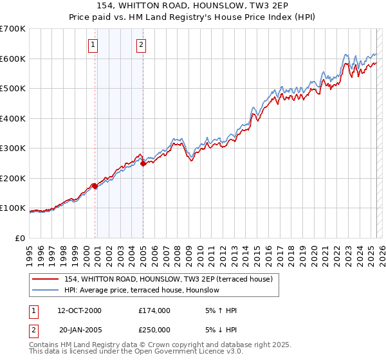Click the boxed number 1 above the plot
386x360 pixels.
[94, 45]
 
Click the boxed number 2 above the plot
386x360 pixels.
[141, 45]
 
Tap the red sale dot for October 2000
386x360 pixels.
[95, 186]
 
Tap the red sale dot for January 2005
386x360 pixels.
[143, 163]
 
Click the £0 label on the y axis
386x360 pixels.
[19, 238]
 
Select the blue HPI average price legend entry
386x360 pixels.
[142, 290]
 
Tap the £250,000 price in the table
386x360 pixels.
[154, 330]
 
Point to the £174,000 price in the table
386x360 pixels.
[154, 310]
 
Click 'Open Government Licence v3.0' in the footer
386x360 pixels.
[187, 352]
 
